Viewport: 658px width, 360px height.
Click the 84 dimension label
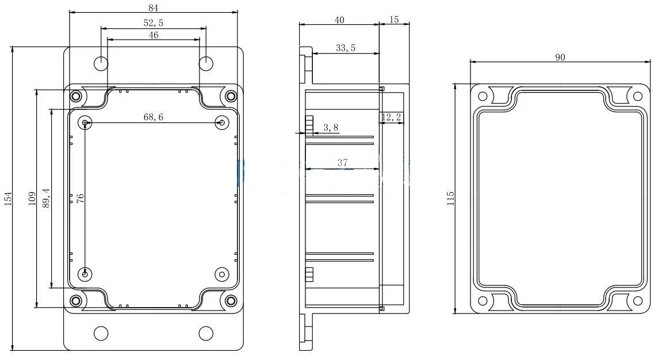(x=153, y=7)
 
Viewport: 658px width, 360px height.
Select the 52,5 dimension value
(x=153, y=23)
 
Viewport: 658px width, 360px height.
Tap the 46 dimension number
(x=154, y=35)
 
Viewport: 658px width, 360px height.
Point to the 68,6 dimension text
(x=154, y=117)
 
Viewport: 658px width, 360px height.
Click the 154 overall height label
(x=7, y=198)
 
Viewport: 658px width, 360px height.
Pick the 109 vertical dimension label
(x=32, y=198)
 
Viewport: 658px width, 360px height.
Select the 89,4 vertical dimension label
(x=46, y=198)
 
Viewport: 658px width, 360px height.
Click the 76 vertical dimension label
(x=81, y=198)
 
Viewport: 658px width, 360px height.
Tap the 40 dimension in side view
(x=339, y=20)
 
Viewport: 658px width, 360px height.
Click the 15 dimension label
(x=395, y=20)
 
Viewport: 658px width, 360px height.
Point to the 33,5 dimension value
(x=346, y=48)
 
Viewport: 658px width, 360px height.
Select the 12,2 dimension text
(x=392, y=117)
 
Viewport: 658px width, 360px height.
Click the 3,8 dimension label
(x=331, y=128)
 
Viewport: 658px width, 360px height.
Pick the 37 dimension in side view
(x=343, y=163)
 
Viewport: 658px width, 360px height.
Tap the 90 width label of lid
(x=560, y=57)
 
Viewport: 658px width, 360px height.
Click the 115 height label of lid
(x=451, y=198)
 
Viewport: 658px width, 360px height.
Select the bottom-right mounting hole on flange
(x=206, y=333)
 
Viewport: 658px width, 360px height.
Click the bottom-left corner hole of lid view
(x=483, y=301)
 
